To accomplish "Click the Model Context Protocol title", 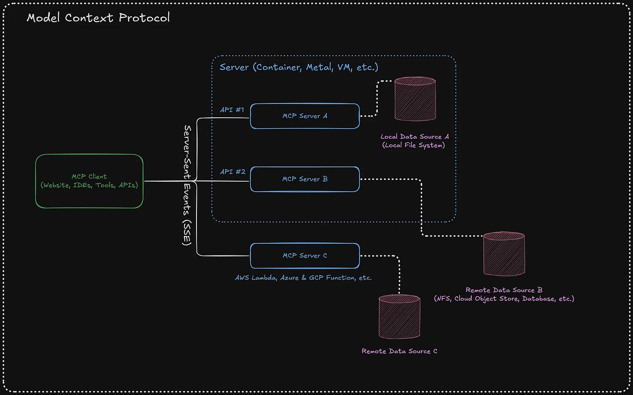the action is [98, 17].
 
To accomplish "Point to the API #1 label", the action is [232, 110].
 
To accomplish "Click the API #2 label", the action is [233, 172].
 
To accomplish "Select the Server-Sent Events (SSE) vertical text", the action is [187, 186].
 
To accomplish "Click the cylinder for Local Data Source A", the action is [415, 99].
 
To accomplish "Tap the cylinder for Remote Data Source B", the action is [504, 254].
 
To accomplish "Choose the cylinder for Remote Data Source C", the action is [399, 316].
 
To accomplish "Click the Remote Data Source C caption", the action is [399, 351].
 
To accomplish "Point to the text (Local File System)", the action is [413, 145].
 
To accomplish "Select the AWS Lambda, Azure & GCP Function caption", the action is [303, 278].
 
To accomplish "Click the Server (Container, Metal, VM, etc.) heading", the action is [299, 67].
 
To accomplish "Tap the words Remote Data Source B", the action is [504, 290].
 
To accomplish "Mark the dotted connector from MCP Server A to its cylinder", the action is [377, 99].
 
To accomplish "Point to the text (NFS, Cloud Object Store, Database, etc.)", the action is [504, 299].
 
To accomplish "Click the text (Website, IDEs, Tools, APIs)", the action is [89, 186].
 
